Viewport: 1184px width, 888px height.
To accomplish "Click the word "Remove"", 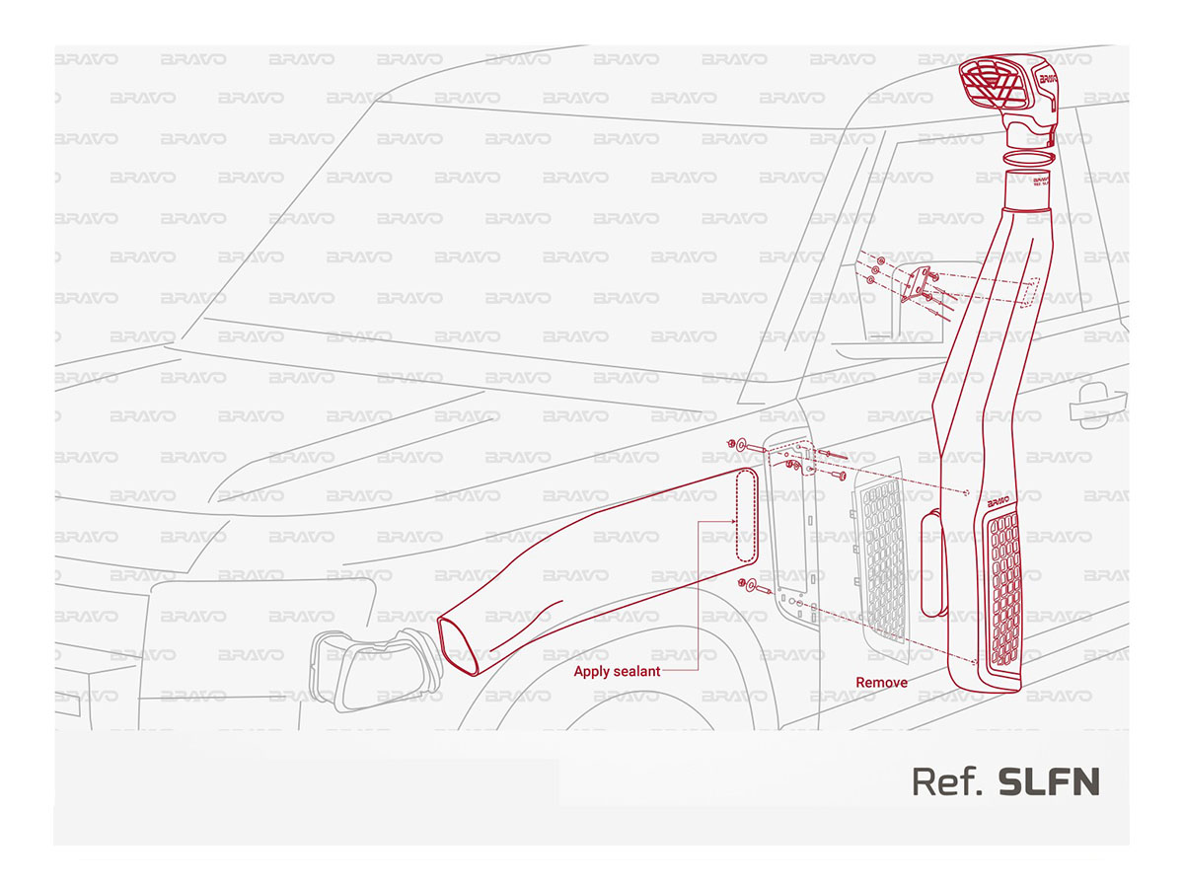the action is [x=881, y=682].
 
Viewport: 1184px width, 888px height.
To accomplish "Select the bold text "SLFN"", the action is [x=1048, y=781].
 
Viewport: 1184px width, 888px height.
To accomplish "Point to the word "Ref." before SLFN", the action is [x=946, y=781].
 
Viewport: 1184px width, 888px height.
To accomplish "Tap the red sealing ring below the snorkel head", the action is [x=1029, y=158].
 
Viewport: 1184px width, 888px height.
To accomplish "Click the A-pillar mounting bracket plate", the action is [x=917, y=285].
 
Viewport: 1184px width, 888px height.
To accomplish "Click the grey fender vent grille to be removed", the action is [x=882, y=559].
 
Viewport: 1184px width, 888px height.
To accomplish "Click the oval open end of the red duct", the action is [x=458, y=646].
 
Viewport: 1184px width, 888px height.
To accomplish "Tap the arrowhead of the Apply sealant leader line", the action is [x=734, y=521].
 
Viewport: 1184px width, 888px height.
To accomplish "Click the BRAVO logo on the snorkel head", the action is [x=1048, y=79].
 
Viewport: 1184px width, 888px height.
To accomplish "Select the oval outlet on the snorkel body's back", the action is [x=933, y=563].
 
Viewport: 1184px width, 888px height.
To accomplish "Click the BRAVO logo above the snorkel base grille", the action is [x=998, y=501].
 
